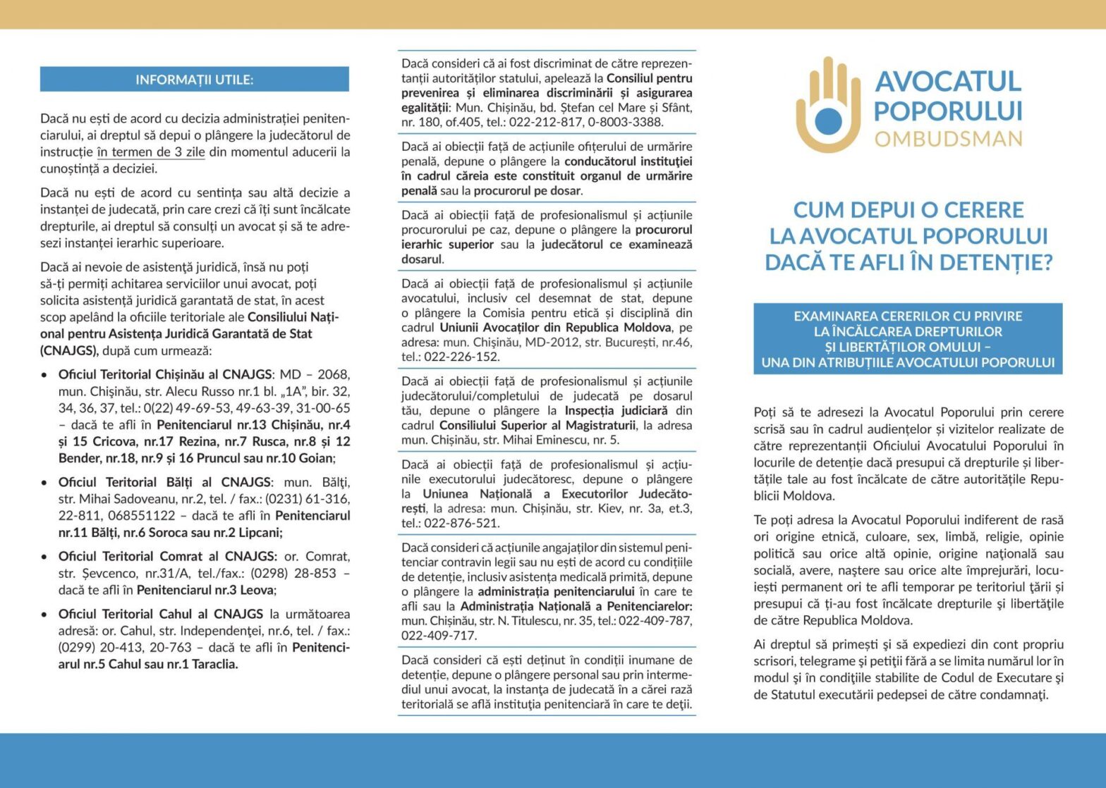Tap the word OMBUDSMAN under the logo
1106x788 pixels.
(948, 138)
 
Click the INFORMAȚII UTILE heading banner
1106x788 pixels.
(194, 80)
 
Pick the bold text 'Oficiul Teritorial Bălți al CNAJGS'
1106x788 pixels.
(164, 482)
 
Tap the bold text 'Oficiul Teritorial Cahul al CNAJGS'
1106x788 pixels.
(161, 615)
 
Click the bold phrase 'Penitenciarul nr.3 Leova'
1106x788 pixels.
(205, 590)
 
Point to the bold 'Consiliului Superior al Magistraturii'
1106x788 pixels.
(536, 426)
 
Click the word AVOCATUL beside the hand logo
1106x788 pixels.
(948, 82)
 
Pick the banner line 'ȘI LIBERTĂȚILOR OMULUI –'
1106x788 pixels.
(908, 347)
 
